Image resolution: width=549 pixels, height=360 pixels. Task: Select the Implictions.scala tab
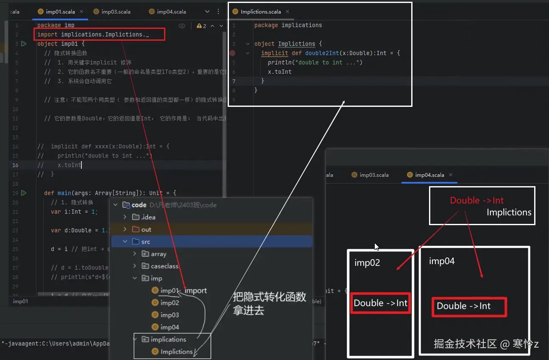(261, 12)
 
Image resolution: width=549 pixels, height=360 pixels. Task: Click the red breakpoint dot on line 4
(232, 53)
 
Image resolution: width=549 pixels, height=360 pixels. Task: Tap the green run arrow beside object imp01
(24, 44)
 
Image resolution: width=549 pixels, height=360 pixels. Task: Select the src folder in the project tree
(146, 242)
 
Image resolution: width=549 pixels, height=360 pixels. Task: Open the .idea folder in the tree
(148, 217)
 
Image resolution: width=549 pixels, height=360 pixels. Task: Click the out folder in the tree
(146, 229)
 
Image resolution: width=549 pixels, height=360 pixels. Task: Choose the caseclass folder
(164, 266)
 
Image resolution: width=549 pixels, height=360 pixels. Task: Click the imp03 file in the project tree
(169, 315)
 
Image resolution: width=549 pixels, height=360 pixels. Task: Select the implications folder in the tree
(168, 339)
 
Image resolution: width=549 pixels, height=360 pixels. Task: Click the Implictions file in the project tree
(176, 352)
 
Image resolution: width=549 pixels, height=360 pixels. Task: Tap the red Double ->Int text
(477, 201)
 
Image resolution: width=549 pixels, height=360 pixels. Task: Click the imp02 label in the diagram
(367, 263)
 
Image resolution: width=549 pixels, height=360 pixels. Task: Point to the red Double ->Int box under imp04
(469, 307)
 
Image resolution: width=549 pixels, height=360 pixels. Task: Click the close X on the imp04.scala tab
(451, 175)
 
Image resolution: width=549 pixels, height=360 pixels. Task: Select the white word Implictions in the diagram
(509, 212)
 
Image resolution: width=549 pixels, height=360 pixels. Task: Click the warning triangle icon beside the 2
(199, 26)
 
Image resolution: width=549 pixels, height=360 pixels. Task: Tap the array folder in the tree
(158, 254)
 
